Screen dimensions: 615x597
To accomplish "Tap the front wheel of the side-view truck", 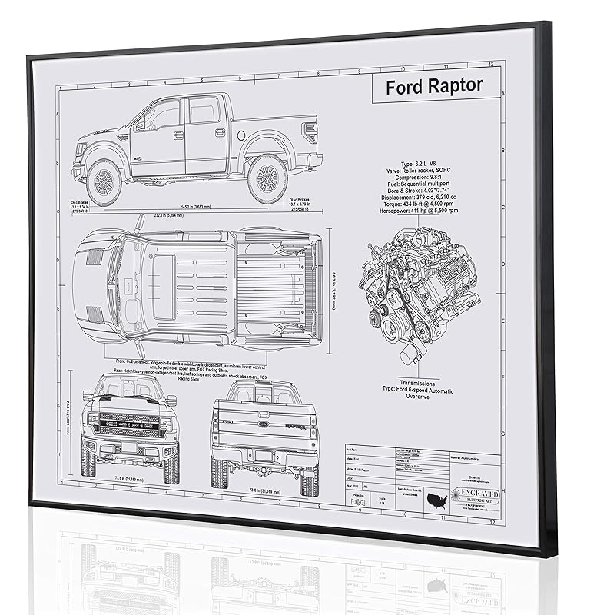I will [104, 181].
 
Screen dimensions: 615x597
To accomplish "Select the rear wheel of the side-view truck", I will [268, 175].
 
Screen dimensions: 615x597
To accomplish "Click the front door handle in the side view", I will [178, 135].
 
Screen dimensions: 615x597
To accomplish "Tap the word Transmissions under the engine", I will [417, 382].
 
